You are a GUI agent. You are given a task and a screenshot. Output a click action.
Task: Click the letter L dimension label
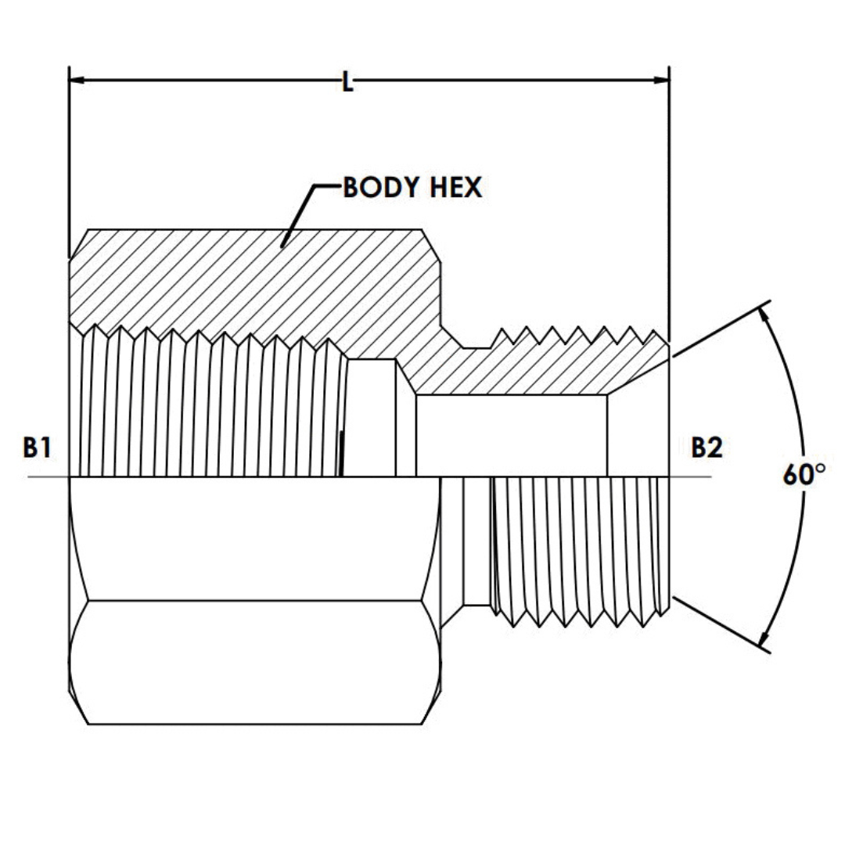347,81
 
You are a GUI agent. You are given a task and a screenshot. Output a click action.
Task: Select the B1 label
37,448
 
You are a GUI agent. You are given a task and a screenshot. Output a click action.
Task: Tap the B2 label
706,448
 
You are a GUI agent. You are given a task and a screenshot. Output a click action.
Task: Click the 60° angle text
804,475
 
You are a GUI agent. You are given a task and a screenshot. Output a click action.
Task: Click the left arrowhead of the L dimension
77,80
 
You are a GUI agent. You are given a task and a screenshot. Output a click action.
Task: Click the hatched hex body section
235,282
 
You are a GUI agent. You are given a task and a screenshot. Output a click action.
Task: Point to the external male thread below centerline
579,548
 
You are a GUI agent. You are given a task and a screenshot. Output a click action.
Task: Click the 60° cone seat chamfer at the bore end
638,376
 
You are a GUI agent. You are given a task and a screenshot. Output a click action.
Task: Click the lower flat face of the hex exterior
254,661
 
